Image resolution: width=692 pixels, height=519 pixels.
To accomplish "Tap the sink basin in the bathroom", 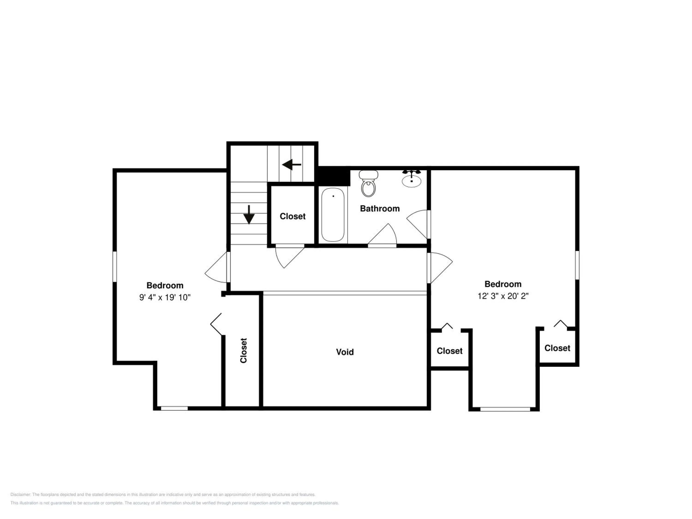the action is tap(411, 181).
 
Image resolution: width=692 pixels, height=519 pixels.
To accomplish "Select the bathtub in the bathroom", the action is tap(333, 215).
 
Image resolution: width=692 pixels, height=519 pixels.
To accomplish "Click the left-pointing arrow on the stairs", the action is tap(292, 164).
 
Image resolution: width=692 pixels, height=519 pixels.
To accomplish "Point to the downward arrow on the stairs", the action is tap(249, 215).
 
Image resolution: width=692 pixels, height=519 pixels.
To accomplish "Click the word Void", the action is tap(345, 352).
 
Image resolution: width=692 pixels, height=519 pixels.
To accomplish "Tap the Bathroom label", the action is tap(380, 209).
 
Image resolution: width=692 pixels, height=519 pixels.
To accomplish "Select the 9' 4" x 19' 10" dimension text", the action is tap(165, 297).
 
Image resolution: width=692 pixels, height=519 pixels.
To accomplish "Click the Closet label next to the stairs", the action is tap(292, 216).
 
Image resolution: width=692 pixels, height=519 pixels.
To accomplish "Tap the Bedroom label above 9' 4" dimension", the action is tap(165, 285).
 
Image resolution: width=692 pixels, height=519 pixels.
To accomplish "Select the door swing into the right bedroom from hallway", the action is tap(441, 268).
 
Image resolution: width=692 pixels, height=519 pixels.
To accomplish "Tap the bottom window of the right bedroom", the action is tap(505, 409).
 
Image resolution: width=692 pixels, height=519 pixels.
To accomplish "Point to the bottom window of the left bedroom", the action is tap(174, 408).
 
